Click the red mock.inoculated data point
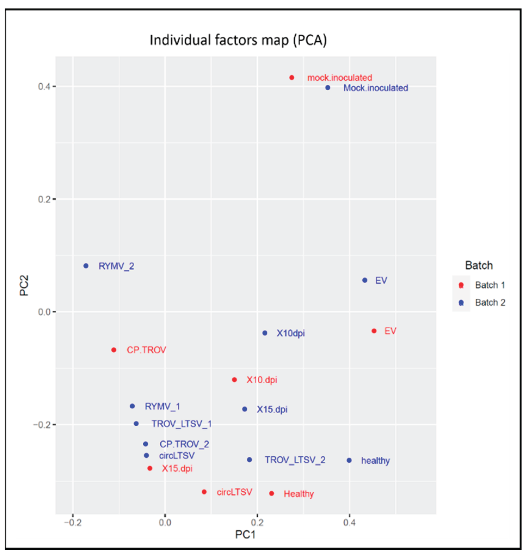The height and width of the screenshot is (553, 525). click(292, 78)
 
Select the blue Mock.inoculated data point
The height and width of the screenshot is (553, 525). click(328, 88)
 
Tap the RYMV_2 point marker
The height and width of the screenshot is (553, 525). click(86, 266)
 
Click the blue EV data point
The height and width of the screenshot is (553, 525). click(365, 280)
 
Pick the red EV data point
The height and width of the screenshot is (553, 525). click(374, 331)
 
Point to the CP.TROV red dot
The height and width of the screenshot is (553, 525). click(114, 350)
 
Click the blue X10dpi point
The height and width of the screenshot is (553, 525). click(265, 333)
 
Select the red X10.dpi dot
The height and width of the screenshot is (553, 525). click(234, 380)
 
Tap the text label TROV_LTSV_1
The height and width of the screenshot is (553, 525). click(181, 424)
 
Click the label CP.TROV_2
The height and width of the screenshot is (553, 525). click(184, 444)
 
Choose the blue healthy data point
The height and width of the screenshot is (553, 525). click(349, 460)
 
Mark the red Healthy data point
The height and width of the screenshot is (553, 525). click(271, 493)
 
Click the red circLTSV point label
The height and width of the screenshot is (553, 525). click(234, 492)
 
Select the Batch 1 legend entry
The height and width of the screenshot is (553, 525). click(490, 285)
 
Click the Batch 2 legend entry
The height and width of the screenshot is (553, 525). click(490, 303)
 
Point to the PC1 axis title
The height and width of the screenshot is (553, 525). click(245, 534)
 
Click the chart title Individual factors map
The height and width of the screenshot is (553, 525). click(238, 40)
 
